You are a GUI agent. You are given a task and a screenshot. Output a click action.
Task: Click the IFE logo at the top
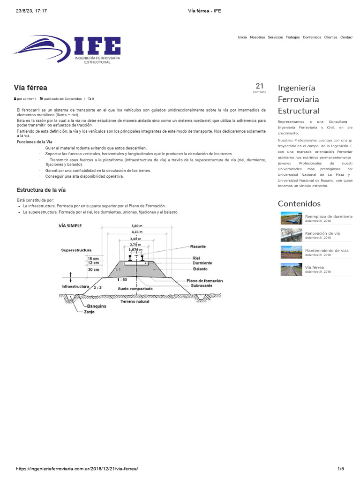click(x=68, y=49)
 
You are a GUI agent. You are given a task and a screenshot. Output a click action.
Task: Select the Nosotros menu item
click(x=257, y=37)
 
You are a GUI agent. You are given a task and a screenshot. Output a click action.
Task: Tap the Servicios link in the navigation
click(x=275, y=37)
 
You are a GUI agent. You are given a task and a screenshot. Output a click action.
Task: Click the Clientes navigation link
click(x=330, y=37)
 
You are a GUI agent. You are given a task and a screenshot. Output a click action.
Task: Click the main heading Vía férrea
click(x=30, y=88)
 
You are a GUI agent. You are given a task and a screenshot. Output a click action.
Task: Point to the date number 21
click(x=260, y=86)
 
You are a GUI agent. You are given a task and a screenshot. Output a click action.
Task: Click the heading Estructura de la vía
click(x=41, y=190)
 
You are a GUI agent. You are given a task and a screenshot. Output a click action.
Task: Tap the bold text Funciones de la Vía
click(x=34, y=142)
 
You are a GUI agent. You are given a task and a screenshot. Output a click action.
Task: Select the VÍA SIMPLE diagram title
click(x=70, y=225)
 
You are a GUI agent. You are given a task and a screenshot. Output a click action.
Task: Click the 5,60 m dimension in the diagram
click(x=138, y=225)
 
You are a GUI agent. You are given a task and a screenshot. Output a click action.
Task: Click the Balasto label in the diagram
click(x=200, y=269)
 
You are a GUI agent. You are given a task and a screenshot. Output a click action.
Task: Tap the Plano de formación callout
click(x=204, y=281)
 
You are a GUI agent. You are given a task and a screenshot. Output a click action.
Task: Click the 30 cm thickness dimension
click(x=93, y=270)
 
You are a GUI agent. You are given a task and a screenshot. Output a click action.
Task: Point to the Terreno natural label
click(x=135, y=301)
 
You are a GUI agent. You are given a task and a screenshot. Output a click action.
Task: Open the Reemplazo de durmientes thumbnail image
click(x=291, y=218)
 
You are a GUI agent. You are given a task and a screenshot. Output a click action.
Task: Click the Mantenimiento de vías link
click(x=327, y=251)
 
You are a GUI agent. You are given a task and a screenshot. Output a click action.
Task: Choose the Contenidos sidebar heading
click(x=299, y=203)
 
